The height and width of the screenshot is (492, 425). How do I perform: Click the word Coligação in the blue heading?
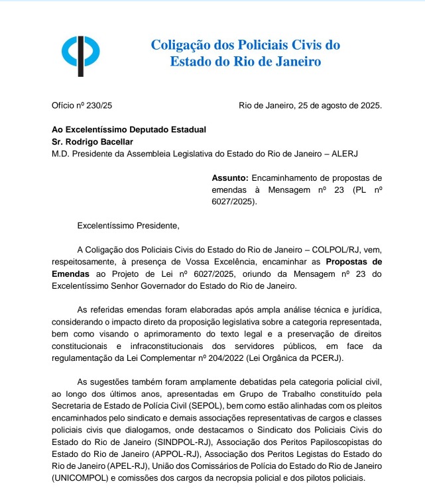point(183,46)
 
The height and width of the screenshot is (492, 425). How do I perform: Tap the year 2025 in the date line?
point(371,105)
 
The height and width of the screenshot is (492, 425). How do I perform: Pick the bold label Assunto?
point(230,178)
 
